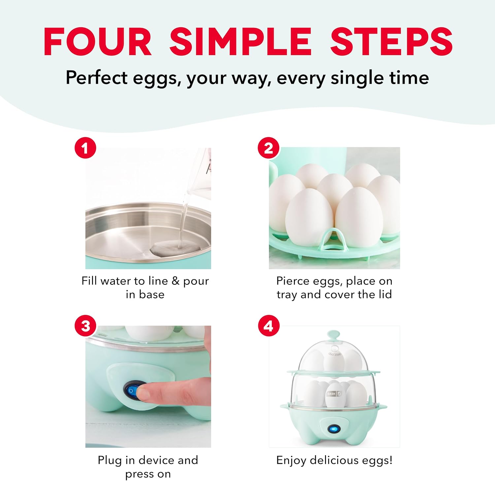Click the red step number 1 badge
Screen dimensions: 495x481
85,148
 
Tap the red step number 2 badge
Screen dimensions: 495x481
269,148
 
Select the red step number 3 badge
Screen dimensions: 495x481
85,326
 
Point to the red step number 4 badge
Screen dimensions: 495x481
269,326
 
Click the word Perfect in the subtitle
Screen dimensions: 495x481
97,78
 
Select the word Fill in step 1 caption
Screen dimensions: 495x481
89,281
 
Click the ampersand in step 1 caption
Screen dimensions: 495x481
176,281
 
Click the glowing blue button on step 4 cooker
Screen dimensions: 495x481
334,429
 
